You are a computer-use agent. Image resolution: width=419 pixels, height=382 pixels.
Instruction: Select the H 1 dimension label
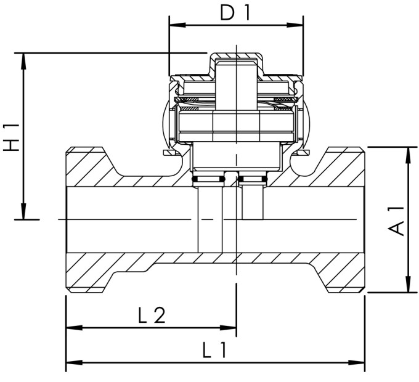11,137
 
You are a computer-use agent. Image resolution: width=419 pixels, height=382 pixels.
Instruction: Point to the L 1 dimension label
214,351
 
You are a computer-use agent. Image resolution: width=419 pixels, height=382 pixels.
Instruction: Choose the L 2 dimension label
151,315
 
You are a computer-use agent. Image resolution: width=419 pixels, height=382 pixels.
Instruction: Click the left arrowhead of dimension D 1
173,26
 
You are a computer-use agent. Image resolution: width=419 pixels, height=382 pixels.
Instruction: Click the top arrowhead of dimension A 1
407,152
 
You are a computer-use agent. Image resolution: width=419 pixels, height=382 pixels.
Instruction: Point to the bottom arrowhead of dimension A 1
407,288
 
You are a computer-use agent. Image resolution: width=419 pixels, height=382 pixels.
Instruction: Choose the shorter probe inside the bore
254,203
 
